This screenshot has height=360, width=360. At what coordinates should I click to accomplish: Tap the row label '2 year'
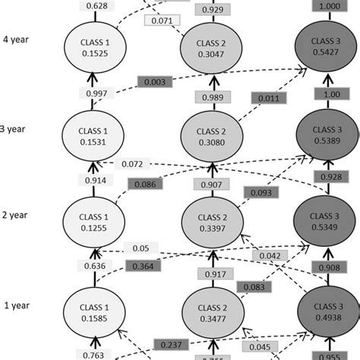click(x=16, y=213)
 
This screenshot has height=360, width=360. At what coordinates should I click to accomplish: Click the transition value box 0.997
click(x=96, y=93)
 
